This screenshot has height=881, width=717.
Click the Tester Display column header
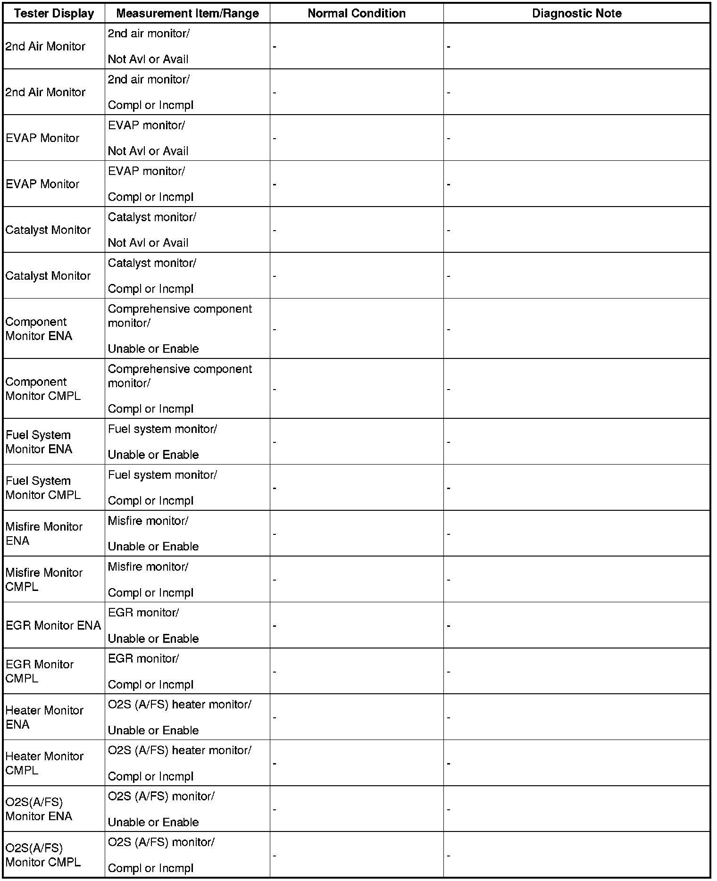pyautogui.click(x=54, y=13)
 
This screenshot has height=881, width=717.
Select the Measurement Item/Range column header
pyautogui.click(x=187, y=13)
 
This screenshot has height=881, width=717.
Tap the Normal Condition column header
pyautogui.click(x=357, y=13)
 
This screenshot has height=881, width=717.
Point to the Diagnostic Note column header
pyautogui.click(x=576, y=13)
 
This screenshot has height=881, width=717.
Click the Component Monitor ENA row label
pyautogui.click(x=39, y=329)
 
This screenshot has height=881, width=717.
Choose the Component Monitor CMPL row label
pyautogui.click(x=43, y=389)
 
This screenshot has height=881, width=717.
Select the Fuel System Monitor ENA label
pyautogui.click(x=39, y=442)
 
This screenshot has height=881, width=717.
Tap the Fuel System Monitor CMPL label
pyautogui.click(x=43, y=488)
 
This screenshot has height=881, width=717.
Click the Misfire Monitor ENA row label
pyautogui.click(x=44, y=533)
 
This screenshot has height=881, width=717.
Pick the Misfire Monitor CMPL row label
pyautogui.click(x=44, y=579)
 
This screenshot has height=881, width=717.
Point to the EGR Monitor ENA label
pyautogui.click(x=53, y=625)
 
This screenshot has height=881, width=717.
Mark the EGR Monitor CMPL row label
pyautogui.click(x=40, y=671)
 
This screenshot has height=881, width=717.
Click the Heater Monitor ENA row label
pyautogui.click(x=44, y=717)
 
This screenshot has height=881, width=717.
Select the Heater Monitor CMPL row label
pyautogui.click(x=44, y=763)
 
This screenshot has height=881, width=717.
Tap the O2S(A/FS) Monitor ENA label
pyautogui.click(x=39, y=809)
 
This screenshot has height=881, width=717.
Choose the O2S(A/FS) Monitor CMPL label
pyautogui.click(x=43, y=855)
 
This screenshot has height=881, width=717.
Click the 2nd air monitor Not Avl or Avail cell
pyautogui.click(x=148, y=46)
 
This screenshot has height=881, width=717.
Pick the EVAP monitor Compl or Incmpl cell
pyautogui.click(x=150, y=184)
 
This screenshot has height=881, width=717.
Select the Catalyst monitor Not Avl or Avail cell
pyautogui.click(x=152, y=230)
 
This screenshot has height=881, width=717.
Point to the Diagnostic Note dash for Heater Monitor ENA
pyautogui.click(x=449, y=718)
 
